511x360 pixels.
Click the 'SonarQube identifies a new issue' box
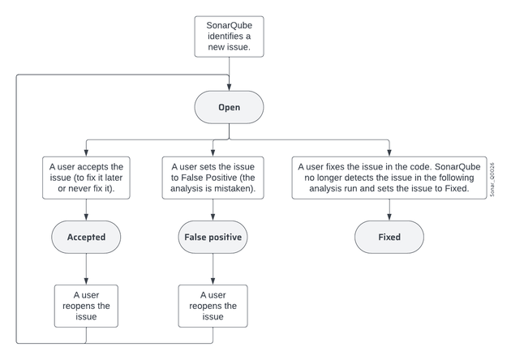(x=229, y=36)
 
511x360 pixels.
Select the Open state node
(x=229, y=107)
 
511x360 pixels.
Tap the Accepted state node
(x=87, y=238)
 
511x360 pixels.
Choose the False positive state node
(x=213, y=238)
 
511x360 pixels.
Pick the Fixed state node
(x=389, y=238)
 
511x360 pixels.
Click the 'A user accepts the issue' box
(x=87, y=178)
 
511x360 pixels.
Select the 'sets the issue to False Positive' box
(x=213, y=178)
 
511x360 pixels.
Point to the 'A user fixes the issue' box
(x=389, y=178)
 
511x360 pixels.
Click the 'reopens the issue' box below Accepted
(x=87, y=306)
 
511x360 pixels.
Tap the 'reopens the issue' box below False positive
(x=213, y=306)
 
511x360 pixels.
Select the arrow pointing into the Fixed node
(x=389, y=211)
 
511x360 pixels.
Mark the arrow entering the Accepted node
(x=87, y=211)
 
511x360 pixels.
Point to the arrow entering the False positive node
(x=213, y=211)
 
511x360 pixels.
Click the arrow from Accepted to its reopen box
(x=87, y=269)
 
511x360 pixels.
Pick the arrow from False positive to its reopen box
(x=213, y=269)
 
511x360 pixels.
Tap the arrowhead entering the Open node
(x=229, y=87)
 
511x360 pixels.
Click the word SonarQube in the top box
(x=229, y=25)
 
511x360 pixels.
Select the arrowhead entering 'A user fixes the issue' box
(x=389, y=152)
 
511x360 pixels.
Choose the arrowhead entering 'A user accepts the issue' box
(x=87, y=152)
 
